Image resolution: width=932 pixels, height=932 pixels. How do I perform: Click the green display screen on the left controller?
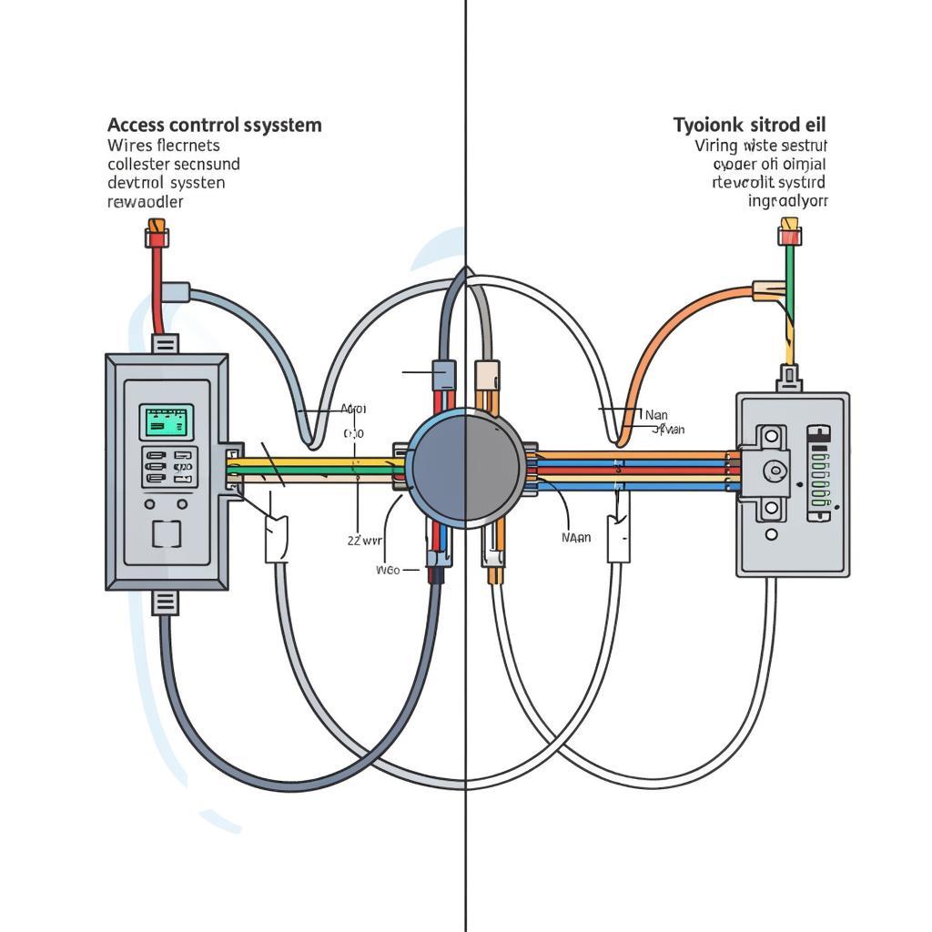pos(167,421)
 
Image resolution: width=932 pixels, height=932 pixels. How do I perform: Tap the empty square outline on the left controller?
pos(167,533)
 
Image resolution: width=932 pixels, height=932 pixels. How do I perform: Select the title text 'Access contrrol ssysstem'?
pos(214,125)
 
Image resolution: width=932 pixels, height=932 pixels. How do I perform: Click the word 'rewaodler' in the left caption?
pos(145,201)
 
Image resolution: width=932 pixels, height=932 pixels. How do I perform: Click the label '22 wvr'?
pos(365,540)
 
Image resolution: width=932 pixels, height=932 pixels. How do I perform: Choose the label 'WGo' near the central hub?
pos(388,571)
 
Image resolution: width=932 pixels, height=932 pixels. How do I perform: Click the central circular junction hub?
pos(466,465)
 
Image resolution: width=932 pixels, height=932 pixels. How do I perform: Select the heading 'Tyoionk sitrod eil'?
pos(750,124)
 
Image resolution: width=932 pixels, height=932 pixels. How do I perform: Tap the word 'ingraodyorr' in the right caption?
pos(787,201)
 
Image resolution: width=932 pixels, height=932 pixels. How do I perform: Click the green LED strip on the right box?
pos(819,473)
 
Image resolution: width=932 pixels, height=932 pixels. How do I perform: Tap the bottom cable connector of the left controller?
pos(166,602)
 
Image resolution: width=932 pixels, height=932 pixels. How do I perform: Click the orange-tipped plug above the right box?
pos(788,232)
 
